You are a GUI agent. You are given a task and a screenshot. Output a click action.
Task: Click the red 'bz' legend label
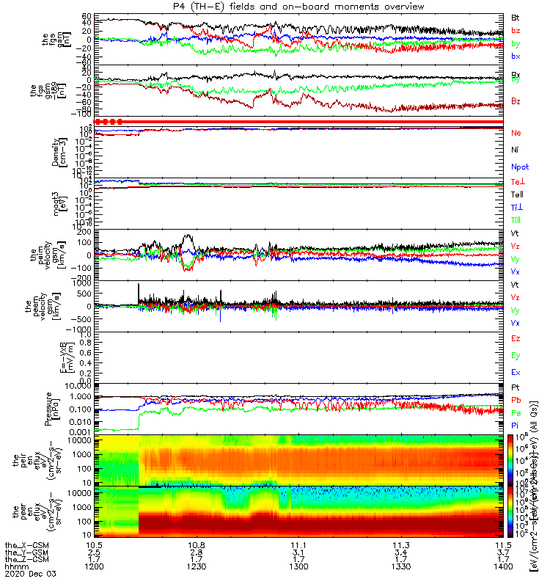pyautogui.click(x=516, y=30)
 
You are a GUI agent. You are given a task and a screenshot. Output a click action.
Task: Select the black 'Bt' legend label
pyautogui.click(x=516, y=17)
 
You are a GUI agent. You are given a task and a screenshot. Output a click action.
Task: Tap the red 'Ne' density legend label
pyautogui.click(x=516, y=133)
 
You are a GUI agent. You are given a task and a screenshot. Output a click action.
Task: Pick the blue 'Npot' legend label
pyautogui.click(x=519, y=167)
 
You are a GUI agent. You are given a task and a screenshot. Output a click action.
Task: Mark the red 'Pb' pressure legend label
pyautogui.click(x=516, y=401)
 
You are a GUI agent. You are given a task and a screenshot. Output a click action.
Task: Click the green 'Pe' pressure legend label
pyautogui.click(x=516, y=413)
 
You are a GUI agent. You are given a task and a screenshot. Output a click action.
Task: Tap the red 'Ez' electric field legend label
pyautogui.click(x=516, y=338)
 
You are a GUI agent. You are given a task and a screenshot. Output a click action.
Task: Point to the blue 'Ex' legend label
pyautogui.click(x=516, y=372)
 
